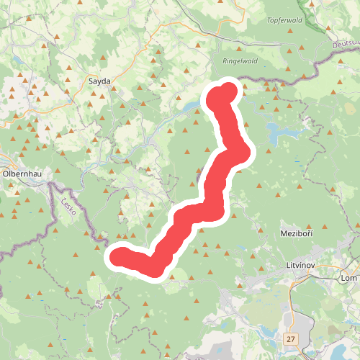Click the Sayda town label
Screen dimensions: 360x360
(99, 81)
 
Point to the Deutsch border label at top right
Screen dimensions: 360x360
(346, 44)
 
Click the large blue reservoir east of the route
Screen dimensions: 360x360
(281, 132)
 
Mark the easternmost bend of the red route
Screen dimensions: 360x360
(245, 153)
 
